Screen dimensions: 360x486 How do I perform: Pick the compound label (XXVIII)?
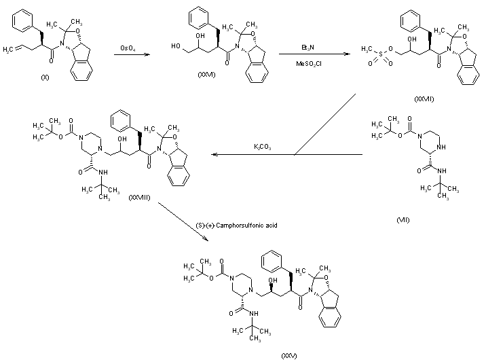[x=140, y=196]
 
